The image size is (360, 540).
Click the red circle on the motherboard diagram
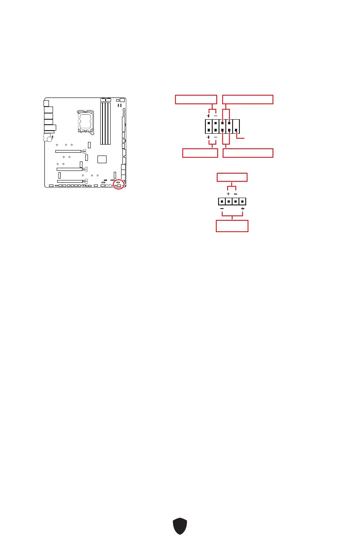(x=119, y=184)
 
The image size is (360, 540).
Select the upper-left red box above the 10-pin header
(x=196, y=100)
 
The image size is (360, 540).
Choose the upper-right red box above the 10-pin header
(x=248, y=100)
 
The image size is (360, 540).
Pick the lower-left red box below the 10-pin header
(x=200, y=153)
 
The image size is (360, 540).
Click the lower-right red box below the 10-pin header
(x=248, y=153)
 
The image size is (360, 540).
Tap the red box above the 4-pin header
(x=232, y=177)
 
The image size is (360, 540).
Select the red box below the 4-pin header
(x=232, y=226)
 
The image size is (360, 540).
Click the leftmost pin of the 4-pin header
(x=222, y=201)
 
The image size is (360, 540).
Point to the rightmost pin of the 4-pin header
(x=243, y=201)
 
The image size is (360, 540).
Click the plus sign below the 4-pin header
(x=243, y=209)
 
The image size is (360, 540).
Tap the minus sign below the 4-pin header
(x=222, y=209)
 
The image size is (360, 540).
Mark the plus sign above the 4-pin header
(x=229, y=194)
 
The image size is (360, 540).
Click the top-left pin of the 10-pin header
(x=208, y=122)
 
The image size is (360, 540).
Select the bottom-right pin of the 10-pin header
(x=236, y=130)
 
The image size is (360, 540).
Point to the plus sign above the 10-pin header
(x=208, y=116)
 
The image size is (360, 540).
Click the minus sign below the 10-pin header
(x=215, y=137)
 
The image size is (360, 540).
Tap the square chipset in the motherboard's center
(x=102, y=159)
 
